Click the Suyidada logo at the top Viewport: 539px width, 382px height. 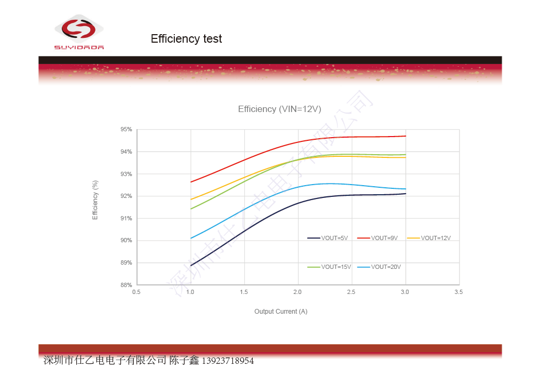pyautogui.click(x=79, y=32)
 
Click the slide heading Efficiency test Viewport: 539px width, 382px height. pyautogui.click(x=186, y=39)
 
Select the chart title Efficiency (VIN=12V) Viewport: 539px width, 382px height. pyautogui.click(x=279, y=109)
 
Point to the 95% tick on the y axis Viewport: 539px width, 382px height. pyautogui.click(x=126, y=130)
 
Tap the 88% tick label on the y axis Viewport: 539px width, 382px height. pyautogui.click(x=126, y=285)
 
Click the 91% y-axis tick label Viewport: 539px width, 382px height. pyautogui.click(x=126, y=218)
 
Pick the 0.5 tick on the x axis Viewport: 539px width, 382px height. pyautogui.click(x=136, y=292)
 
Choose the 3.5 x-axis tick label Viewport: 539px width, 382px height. pyautogui.click(x=458, y=292)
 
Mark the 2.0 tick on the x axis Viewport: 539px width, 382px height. pyautogui.click(x=297, y=292)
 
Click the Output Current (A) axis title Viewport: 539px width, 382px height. pyautogui.click(x=280, y=312)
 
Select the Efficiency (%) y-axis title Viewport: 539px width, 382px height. pyautogui.click(x=95, y=200)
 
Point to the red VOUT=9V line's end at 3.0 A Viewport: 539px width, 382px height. pyautogui.click(x=406, y=136)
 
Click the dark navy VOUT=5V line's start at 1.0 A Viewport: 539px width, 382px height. pyautogui.click(x=191, y=265)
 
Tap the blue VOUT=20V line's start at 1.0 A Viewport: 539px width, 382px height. pyautogui.click(x=191, y=238)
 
